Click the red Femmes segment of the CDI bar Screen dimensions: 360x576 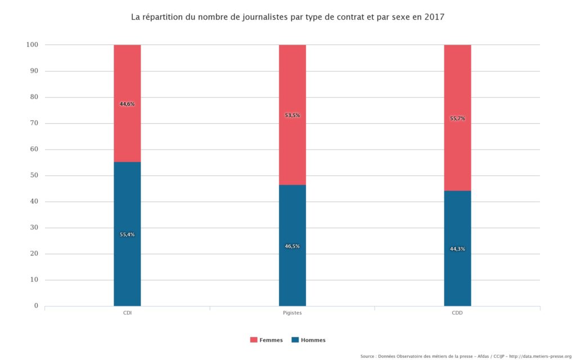click(x=127, y=79)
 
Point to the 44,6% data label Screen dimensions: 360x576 click(x=127, y=104)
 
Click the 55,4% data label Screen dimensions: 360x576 click(x=127, y=235)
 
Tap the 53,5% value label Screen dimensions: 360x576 click(x=292, y=115)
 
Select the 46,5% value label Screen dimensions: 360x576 click(x=292, y=246)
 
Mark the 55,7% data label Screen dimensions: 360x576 click(x=457, y=119)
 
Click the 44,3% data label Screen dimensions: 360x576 click(x=457, y=249)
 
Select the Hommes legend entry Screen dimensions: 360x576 click(x=309, y=340)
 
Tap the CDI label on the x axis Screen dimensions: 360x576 click(x=127, y=313)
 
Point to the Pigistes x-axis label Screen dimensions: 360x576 click(x=292, y=313)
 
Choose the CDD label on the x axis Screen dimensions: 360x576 click(x=457, y=313)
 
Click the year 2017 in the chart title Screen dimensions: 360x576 click(x=434, y=17)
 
